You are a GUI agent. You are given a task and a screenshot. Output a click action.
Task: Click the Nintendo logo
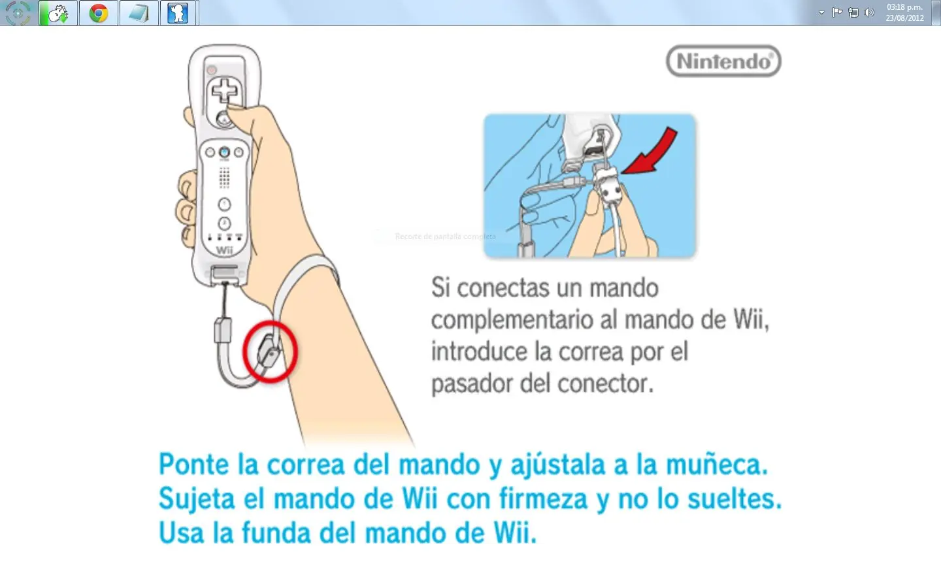[x=723, y=61]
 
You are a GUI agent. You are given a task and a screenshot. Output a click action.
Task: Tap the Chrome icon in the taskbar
[x=99, y=13]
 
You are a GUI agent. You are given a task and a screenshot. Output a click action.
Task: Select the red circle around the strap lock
[x=270, y=351]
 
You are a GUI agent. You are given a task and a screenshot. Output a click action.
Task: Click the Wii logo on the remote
[x=224, y=250]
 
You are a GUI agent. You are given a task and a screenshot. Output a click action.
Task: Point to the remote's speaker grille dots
[x=224, y=177]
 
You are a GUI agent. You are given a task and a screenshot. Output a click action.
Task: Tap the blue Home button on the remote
[x=224, y=152]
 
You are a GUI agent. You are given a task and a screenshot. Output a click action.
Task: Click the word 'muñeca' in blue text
[x=716, y=465]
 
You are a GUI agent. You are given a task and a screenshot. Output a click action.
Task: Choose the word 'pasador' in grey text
[x=472, y=384]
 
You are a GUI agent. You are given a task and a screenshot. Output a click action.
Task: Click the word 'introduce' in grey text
[x=479, y=352]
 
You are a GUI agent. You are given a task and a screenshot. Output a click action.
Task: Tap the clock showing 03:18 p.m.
[x=904, y=7]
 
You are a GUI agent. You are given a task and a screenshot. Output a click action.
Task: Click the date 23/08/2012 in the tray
[x=904, y=18]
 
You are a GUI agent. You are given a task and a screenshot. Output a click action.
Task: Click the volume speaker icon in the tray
[x=868, y=12]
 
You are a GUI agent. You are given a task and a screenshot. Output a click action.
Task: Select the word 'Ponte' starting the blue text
[x=193, y=465]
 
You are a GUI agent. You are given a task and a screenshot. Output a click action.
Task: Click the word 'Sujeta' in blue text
[x=197, y=499]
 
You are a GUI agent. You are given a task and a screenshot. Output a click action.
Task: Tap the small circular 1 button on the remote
[x=224, y=204]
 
